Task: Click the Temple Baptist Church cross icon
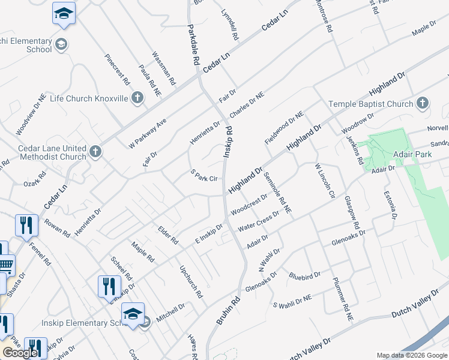[x=423, y=104]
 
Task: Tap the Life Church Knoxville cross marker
[x=137, y=98]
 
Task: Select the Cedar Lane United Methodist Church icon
[x=96, y=152]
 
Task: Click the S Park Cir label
[x=203, y=176]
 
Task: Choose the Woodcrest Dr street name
[x=248, y=205]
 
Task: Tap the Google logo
[x=20, y=353]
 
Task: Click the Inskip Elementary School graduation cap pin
[x=133, y=313]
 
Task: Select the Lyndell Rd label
[x=229, y=25]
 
